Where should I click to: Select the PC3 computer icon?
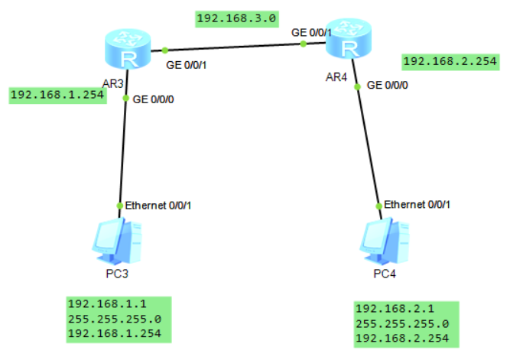coord(115,238)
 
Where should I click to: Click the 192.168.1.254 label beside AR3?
coord(57,96)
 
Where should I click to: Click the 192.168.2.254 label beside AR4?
coord(450,62)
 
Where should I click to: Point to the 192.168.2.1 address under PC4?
coord(385,309)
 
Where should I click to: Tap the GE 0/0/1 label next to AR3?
coord(187,65)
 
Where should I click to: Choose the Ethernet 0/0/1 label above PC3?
coord(158,205)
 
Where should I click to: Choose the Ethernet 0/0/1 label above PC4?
coord(417,205)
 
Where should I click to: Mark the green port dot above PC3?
coord(119,206)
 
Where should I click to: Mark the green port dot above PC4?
coord(378,206)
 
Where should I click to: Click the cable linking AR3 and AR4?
coord(229,47)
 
